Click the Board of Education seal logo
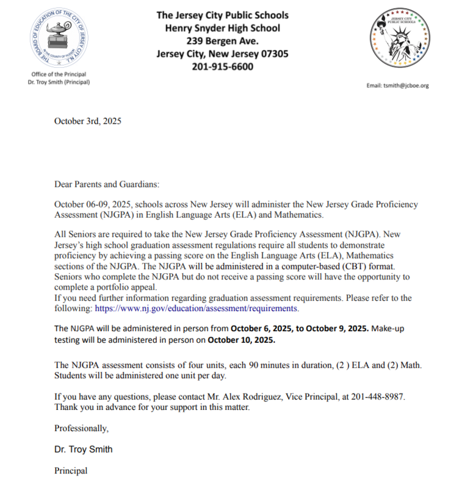click(x=59, y=41)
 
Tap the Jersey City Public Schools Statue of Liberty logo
click(x=400, y=41)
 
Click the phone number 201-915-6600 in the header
click(x=223, y=66)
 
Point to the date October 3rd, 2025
click(x=88, y=121)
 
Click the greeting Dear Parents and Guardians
click(x=107, y=184)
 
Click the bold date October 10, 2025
click(x=242, y=339)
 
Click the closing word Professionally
click(x=82, y=428)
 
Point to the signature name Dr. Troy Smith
click(x=84, y=450)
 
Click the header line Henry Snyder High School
click(x=223, y=28)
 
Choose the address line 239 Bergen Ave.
click(x=223, y=41)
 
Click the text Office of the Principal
click(x=59, y=74)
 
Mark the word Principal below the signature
click(x=71, y=471)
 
